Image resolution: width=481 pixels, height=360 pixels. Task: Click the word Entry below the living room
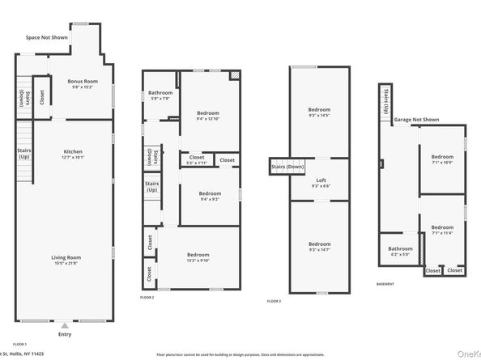pyautogui.click(x=64, y=333)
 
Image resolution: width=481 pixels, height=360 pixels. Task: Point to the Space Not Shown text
pyautogui.click(x=45, y=37)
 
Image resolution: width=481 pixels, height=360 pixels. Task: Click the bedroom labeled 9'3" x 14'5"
pyautogui.click(x=319, y=112)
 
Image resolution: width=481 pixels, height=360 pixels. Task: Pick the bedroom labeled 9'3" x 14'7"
pyautogui.click(x=319, y=246)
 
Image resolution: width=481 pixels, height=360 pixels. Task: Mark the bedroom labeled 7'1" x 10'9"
pyautogui.click(x=442, y=159)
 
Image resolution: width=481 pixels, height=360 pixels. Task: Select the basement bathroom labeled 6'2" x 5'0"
pyautogui.click(x=400, y=252)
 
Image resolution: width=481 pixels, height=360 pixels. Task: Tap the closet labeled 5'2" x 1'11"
pyautogui.click(x=198, y=160)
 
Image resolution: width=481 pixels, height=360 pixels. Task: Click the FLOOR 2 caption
pyautogui.click(x=147, y=298)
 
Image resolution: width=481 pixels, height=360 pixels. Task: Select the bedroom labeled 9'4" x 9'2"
pyautogui.click(x=210, y=196)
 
